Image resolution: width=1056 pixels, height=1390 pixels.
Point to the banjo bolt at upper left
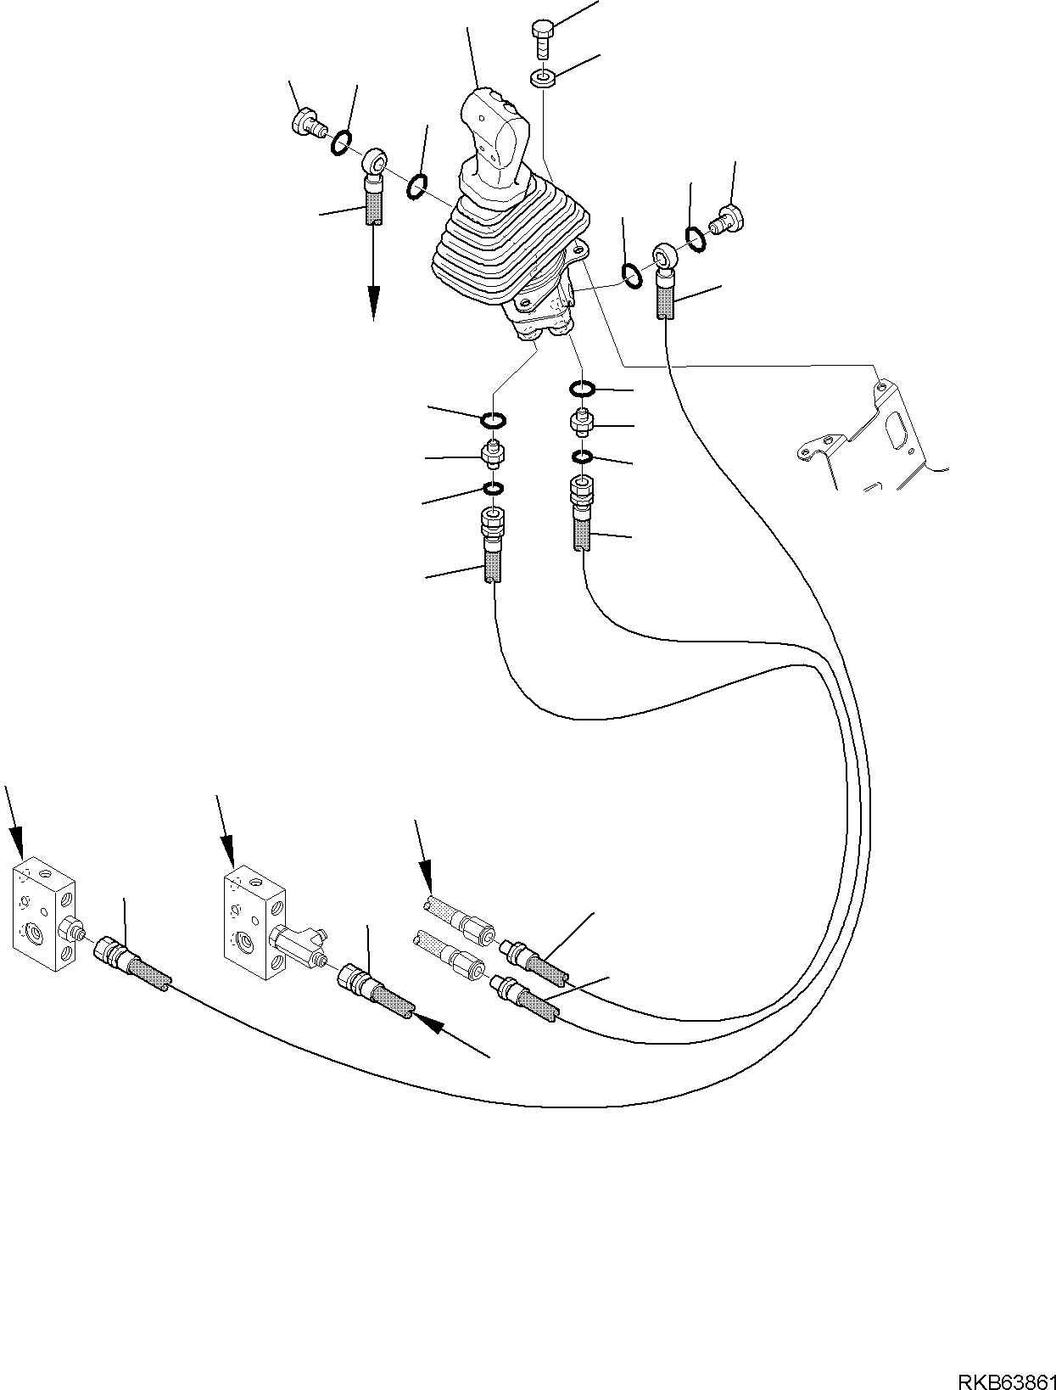(x=307, y=124)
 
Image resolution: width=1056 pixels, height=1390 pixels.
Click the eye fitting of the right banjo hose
(x=663, y=254)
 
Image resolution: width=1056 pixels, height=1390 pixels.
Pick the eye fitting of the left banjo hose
(x=374, y=160)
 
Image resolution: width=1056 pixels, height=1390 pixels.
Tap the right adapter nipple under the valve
(x=582, y=420)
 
